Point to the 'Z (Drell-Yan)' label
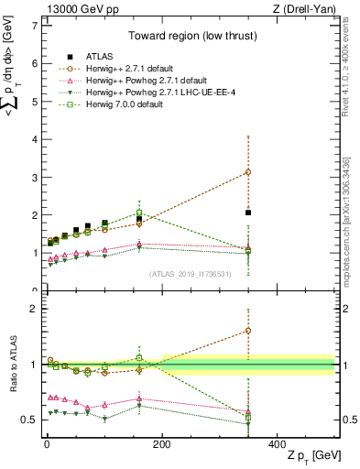[304, 9]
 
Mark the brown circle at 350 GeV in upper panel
[248, 172]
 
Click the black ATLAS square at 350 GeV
[248, 213]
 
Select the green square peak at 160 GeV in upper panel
[139, 213]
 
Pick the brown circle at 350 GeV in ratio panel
[248, 331]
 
